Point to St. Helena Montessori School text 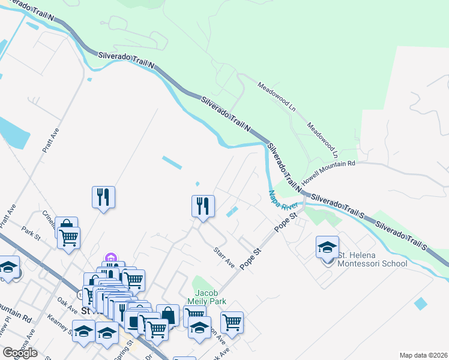[372, 259]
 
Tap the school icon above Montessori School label [327, 247]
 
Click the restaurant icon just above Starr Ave [203, 206]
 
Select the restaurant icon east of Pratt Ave [103, 197]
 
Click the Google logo [20, 353]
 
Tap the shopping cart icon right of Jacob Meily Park [232, 322]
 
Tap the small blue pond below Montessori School [421, 304]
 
